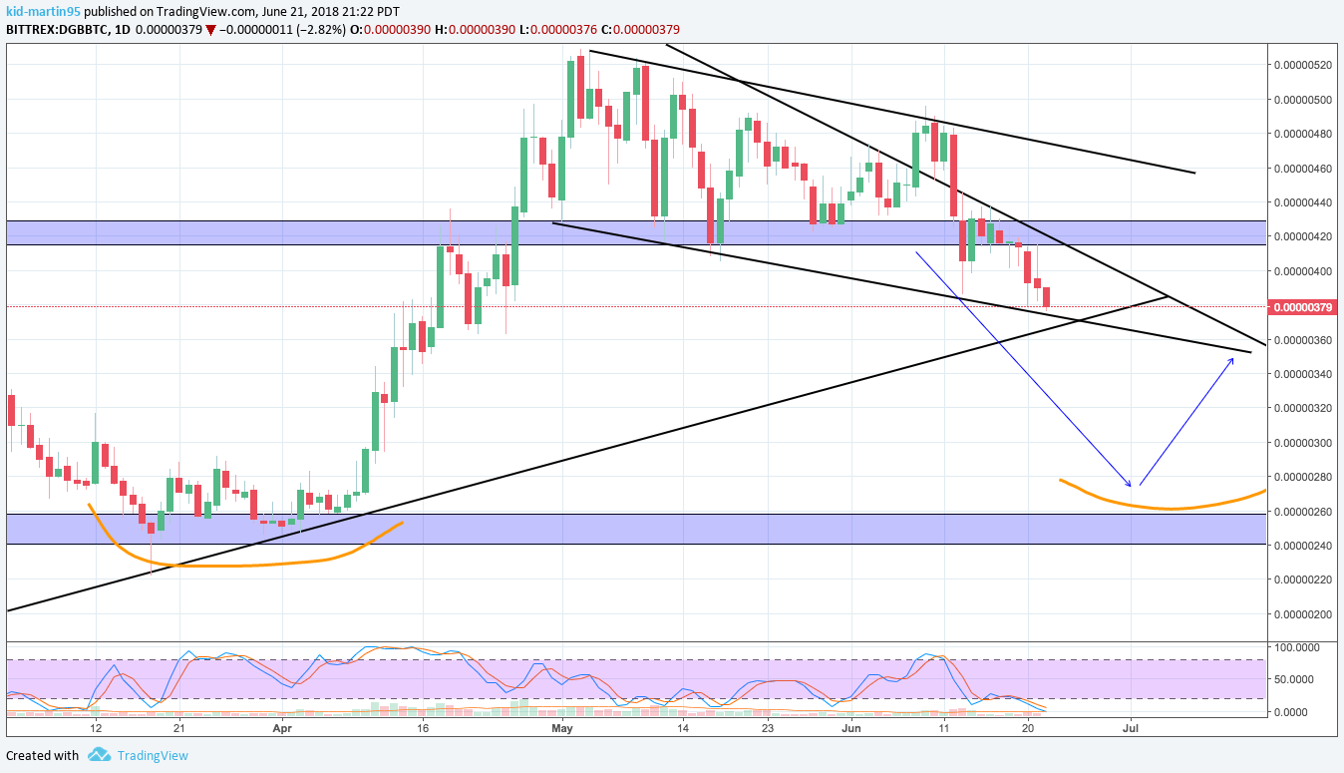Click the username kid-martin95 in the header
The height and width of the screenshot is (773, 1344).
pyautogui.click(x=43, y=11)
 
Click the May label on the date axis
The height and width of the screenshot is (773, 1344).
pyautogui.click(x=563, y=728)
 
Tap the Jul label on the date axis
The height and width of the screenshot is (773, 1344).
pyautogui.click(x=1132, y=728)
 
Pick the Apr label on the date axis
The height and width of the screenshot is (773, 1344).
pyautogui.click(x=282, y=728)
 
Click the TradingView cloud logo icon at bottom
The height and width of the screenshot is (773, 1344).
pyautogui.click(x=99, y=755)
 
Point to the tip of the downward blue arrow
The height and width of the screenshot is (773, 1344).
pyautogui.click(x=1131, y=486)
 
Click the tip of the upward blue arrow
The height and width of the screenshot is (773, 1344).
pyautogui.click(x=1234, y=357)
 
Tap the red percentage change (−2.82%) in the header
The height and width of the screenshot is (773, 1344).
pyautogui.click(x=318, y=30)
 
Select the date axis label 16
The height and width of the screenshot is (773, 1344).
pyautogui.click(x=423, y=728)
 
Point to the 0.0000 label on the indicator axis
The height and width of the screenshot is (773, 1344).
pyautogui.click(x=1300, y=711)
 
